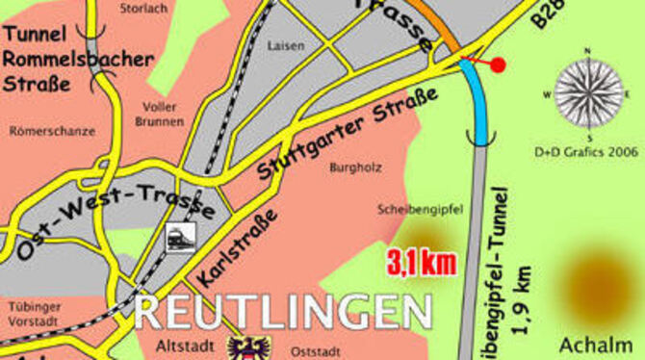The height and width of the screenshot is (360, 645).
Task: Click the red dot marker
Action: coord(498,65)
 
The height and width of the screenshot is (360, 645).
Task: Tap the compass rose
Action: coord(587,93)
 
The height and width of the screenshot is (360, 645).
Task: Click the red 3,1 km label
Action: coord(422,262)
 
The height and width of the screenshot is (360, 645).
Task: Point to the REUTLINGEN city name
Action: coord(283,312)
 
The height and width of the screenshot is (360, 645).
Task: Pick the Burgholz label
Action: coord(355,167)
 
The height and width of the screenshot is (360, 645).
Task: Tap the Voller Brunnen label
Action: coord(159,114)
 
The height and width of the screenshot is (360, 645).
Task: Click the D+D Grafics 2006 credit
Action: coord(586,151)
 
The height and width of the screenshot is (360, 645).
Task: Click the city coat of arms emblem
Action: coord(248,347)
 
